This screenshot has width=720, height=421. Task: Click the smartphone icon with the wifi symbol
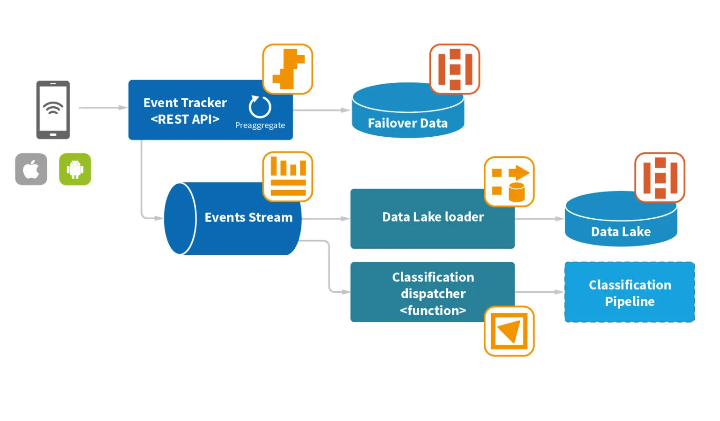(x=53, y=110)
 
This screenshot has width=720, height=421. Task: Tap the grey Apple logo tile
(x=31, y=169)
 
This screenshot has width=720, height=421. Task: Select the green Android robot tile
(x=75, y=169)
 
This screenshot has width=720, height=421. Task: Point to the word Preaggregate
(x=260, y=125)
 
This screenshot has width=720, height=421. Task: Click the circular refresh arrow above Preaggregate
(x=260, y=107)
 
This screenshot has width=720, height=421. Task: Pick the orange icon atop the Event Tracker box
(x=287, y=69)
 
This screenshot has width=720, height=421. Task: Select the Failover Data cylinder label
(x=407, y=123)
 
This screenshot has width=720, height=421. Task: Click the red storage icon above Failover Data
(x=455, y=69)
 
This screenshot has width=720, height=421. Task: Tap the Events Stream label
(x=248, y=217)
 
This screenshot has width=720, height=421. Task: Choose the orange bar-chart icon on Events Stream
(x=287, y=177)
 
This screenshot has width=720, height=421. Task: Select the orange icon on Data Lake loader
(x=509, y=182)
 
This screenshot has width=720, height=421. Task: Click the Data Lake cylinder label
(x=621, y=231)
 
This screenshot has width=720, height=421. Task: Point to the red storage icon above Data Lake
(x=660, y=177)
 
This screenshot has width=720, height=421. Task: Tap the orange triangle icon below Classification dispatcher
(x=509, y=331)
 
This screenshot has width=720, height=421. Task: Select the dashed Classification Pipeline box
(x=630, y=292)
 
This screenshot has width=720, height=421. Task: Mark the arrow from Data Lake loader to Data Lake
(x=539, y=219)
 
